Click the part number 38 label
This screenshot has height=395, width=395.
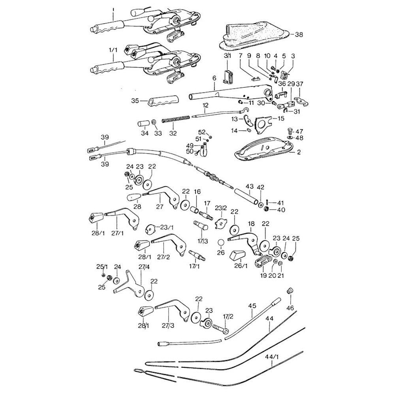pos(299,35)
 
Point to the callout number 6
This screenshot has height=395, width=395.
pos(214,79)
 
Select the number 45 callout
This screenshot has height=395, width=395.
pos(252,305)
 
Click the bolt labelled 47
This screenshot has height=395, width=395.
pos(290,131)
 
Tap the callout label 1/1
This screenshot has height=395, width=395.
pos(113,51)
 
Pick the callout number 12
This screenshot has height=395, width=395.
pos(205,105)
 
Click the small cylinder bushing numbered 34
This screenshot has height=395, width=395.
pos(142,124)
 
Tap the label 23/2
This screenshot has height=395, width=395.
pos(220,208)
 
